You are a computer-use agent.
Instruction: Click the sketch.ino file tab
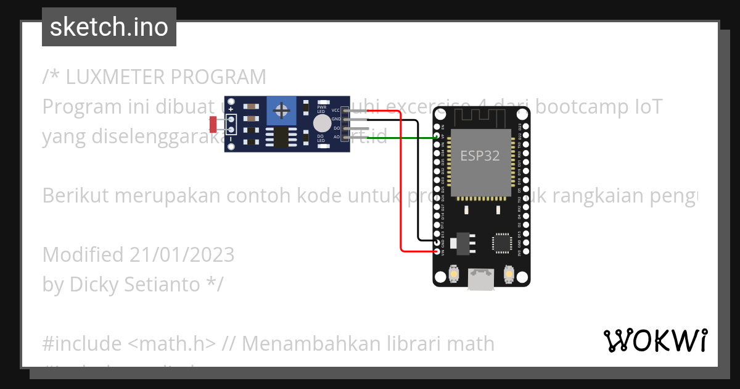109,27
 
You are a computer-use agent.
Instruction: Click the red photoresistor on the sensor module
213,124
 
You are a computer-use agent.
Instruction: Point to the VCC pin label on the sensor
335,110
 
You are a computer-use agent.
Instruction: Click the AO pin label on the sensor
336,137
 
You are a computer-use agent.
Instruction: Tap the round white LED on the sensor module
321,122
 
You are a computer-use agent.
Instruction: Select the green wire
401,137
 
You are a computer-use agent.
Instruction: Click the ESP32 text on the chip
480,156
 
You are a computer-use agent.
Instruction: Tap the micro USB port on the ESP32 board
482,279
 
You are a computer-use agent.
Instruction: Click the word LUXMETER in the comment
114,77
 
